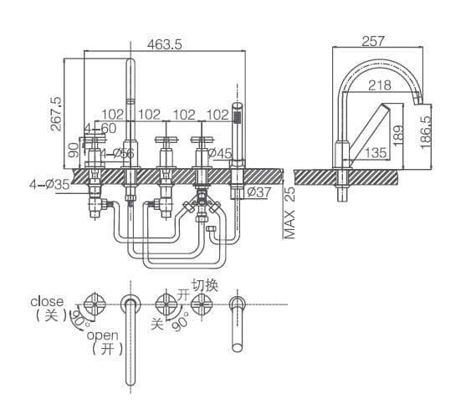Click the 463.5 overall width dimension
(x=164, y=45)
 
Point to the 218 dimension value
(x=379, y=84)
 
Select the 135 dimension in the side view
(x=374, y=153)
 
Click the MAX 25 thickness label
(x=289, y=212)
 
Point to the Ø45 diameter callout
(x=219, y=153)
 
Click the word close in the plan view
(x=47, y=301)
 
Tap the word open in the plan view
(x=103, y=335)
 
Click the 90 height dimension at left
(x=74, y=150)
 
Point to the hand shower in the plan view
(x=237, y=322)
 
